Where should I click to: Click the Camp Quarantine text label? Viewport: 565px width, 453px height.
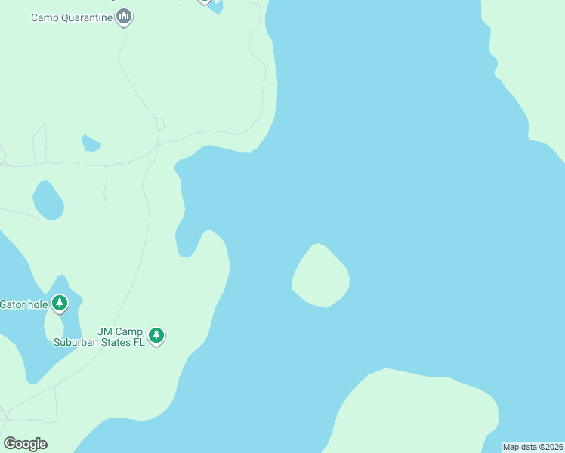click(72, 17)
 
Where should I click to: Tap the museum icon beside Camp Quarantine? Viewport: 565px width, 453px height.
click(125, 16)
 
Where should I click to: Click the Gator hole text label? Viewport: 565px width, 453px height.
click(23, 304)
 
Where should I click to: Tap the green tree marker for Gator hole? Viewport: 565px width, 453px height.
click(60, 304)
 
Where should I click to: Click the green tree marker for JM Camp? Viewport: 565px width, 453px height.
click(156, 334)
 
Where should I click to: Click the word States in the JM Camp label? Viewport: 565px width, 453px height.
click(116, 342)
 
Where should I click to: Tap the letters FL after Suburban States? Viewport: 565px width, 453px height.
click(139, 342)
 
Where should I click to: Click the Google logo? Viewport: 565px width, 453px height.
click(25, 444)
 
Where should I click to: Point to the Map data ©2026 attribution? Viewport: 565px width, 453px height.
click(533, 447)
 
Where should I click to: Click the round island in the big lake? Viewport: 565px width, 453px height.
click(321, 277)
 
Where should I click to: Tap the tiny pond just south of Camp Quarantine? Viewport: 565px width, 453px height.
click(91, 143)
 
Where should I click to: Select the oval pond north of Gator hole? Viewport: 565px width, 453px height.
click(48, 201)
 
